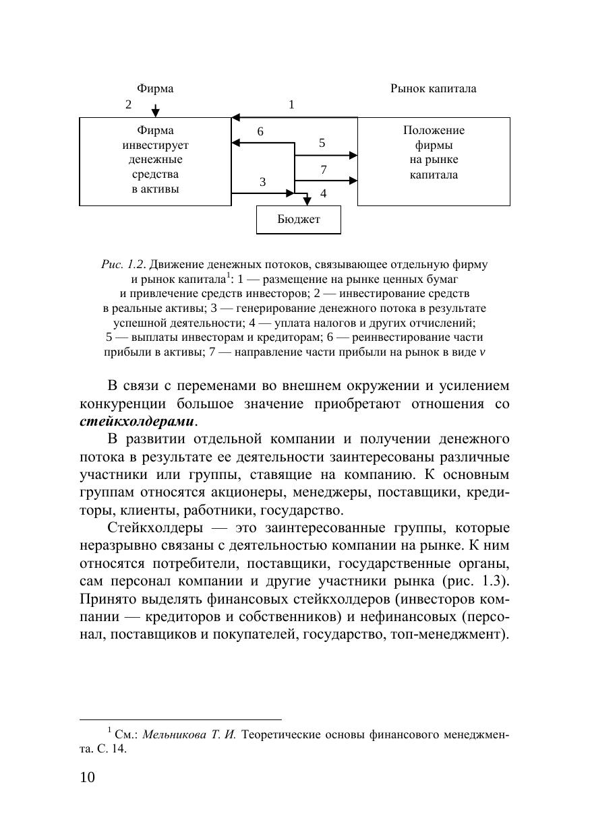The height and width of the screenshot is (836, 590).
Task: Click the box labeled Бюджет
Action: pyautogui.click(x=299, y=220)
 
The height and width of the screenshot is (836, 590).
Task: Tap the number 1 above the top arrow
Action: pyautogui.click(x=291, y=104)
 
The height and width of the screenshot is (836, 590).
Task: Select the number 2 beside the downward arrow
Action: pyautogui.click(x=128, y=104)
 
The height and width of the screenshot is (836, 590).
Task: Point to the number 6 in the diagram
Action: pyautogui.click(x=260, y=133)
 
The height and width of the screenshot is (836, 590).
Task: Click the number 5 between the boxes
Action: pyautogui.click(x=322, y=143)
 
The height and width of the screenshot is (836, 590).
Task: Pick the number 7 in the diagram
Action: pyautogui.click(x=323, y=169)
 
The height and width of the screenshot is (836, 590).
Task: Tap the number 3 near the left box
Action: pyautogui.click(x=263, y=182)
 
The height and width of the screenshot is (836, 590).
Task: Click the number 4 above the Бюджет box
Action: pyautogui.click(x=323, y=193)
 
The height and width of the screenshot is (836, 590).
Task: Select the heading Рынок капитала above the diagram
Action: pyautogui.click(x=433, y=89)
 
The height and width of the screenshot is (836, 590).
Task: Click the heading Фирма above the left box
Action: pyautogui.click(x=155, y=89)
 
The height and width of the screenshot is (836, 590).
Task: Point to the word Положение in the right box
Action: pyautogui.click(x=434, y=131)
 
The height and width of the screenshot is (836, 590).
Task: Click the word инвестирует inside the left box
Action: pyautogui.click(x=155, y=146)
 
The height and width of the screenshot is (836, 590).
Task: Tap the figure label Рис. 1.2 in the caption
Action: pyautogui.click(x=123, y=265)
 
